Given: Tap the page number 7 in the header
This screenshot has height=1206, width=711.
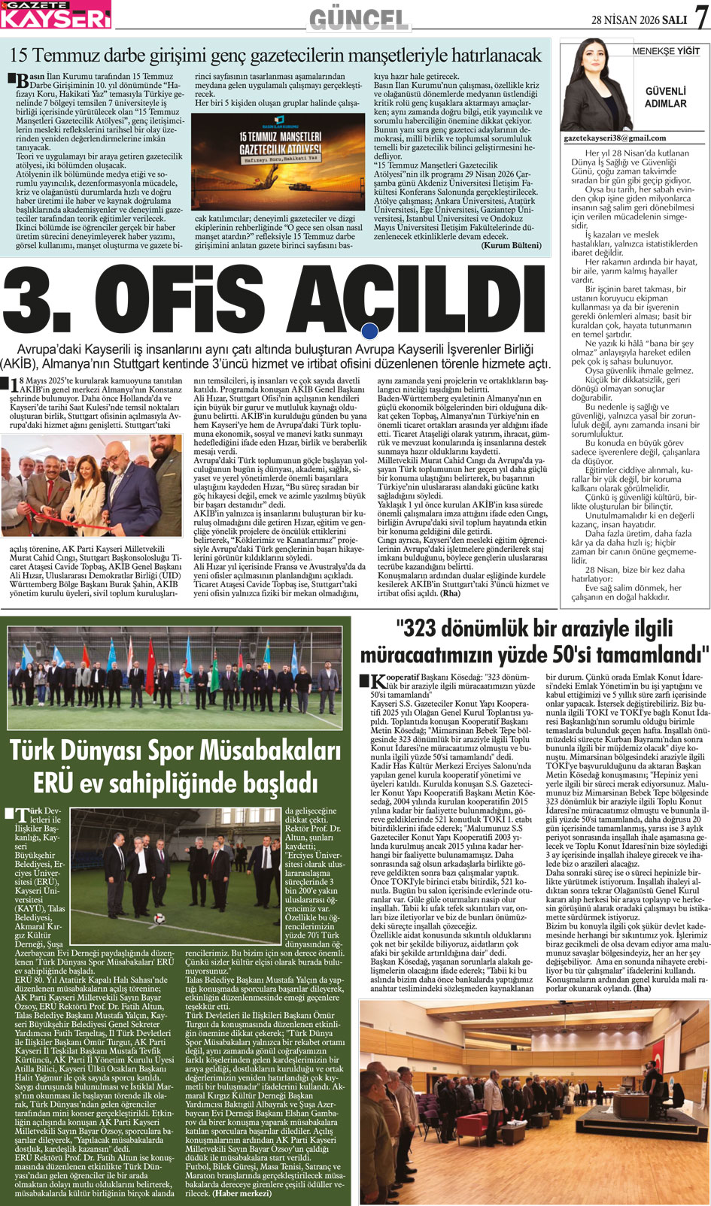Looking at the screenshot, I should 700,17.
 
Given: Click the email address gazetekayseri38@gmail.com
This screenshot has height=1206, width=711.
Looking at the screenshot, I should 615,138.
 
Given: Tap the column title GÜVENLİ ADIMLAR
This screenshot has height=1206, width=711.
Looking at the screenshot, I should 665,97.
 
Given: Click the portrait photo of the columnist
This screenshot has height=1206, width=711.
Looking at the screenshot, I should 594,86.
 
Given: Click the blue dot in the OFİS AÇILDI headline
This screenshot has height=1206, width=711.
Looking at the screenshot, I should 369,331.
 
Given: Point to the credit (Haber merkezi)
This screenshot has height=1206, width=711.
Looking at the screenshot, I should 242,1193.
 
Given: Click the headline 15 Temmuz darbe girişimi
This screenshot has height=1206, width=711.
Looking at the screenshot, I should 275,55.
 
